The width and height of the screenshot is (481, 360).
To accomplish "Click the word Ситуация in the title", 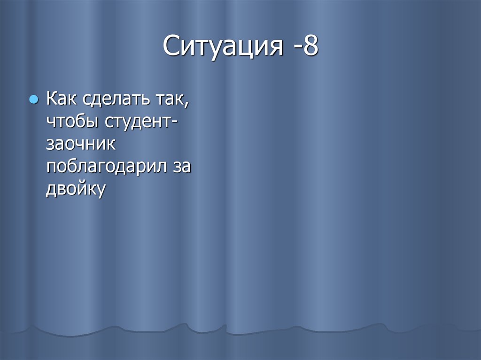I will (x=223, y=47).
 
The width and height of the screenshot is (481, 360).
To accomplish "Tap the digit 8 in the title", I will (x=310, y=47).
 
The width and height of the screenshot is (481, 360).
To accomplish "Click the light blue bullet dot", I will (x=33, y=100).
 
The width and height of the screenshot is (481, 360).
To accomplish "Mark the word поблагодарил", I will (x=106, y=167).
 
